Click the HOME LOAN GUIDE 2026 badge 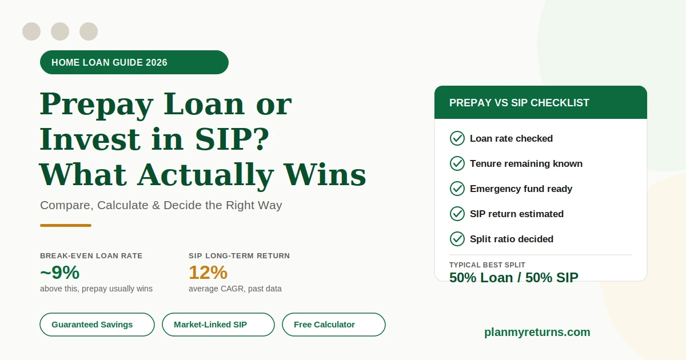click(x=134, y=62)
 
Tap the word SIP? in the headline click(x=232, y=139)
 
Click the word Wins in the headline click(x=325, y=174)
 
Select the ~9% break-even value click(x=59, y=273)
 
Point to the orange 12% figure click(x=208, y=273)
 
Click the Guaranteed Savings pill click(x=97, y=325)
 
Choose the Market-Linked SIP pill click(x=218, y=325)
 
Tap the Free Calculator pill click(x=333, y=325)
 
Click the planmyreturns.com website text click(x=537, y=332)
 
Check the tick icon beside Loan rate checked click(x=457, y=138)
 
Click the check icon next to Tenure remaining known click(x=457, y=163)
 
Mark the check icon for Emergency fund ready click(x=457, y=189)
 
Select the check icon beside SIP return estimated click(x=457, y=214)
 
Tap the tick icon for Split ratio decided click(x=457, y=239)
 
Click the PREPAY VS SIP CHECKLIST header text click(x=519, y=103)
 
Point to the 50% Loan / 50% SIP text click(x=513, y=278)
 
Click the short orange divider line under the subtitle click(x=66, y=225)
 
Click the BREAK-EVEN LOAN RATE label click(x=91, y=256)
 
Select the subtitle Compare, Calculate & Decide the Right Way click(x=161, y=205)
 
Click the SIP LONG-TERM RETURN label click(x=239, y=256)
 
